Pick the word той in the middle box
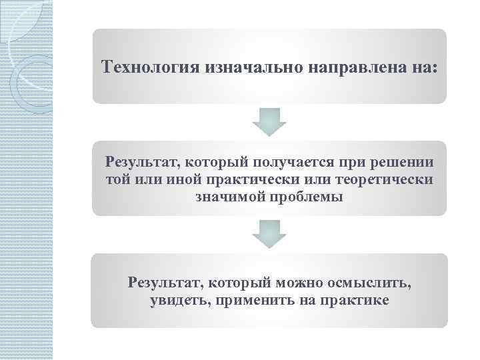click(117, 179)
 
